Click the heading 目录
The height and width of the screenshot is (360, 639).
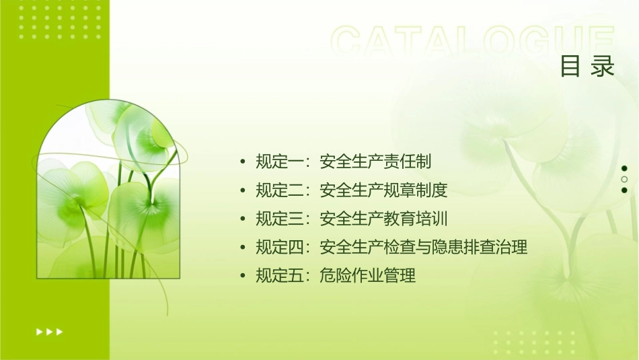[587, 67]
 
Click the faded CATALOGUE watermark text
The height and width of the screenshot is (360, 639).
[473, 42]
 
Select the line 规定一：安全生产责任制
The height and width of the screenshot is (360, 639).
[343, 161]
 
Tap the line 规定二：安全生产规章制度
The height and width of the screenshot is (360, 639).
[351, 190]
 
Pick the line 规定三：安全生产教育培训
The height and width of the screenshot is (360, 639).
[351, 219]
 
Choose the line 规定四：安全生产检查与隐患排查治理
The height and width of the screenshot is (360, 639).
[391, 247]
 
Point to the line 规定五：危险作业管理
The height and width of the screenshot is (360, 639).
[336, 275]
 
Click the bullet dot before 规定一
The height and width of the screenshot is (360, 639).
[242, 162]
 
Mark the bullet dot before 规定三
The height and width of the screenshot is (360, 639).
[242, 219]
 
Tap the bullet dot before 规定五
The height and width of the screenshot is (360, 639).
[242, 276]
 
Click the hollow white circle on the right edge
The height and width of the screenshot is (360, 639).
[624, 180]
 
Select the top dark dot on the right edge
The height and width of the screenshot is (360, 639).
[624, 168]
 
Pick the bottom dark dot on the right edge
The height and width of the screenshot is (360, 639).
[624, 190]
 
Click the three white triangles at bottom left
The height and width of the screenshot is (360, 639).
[49, 331]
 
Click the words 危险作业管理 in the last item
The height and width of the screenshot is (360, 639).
[367, 275]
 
